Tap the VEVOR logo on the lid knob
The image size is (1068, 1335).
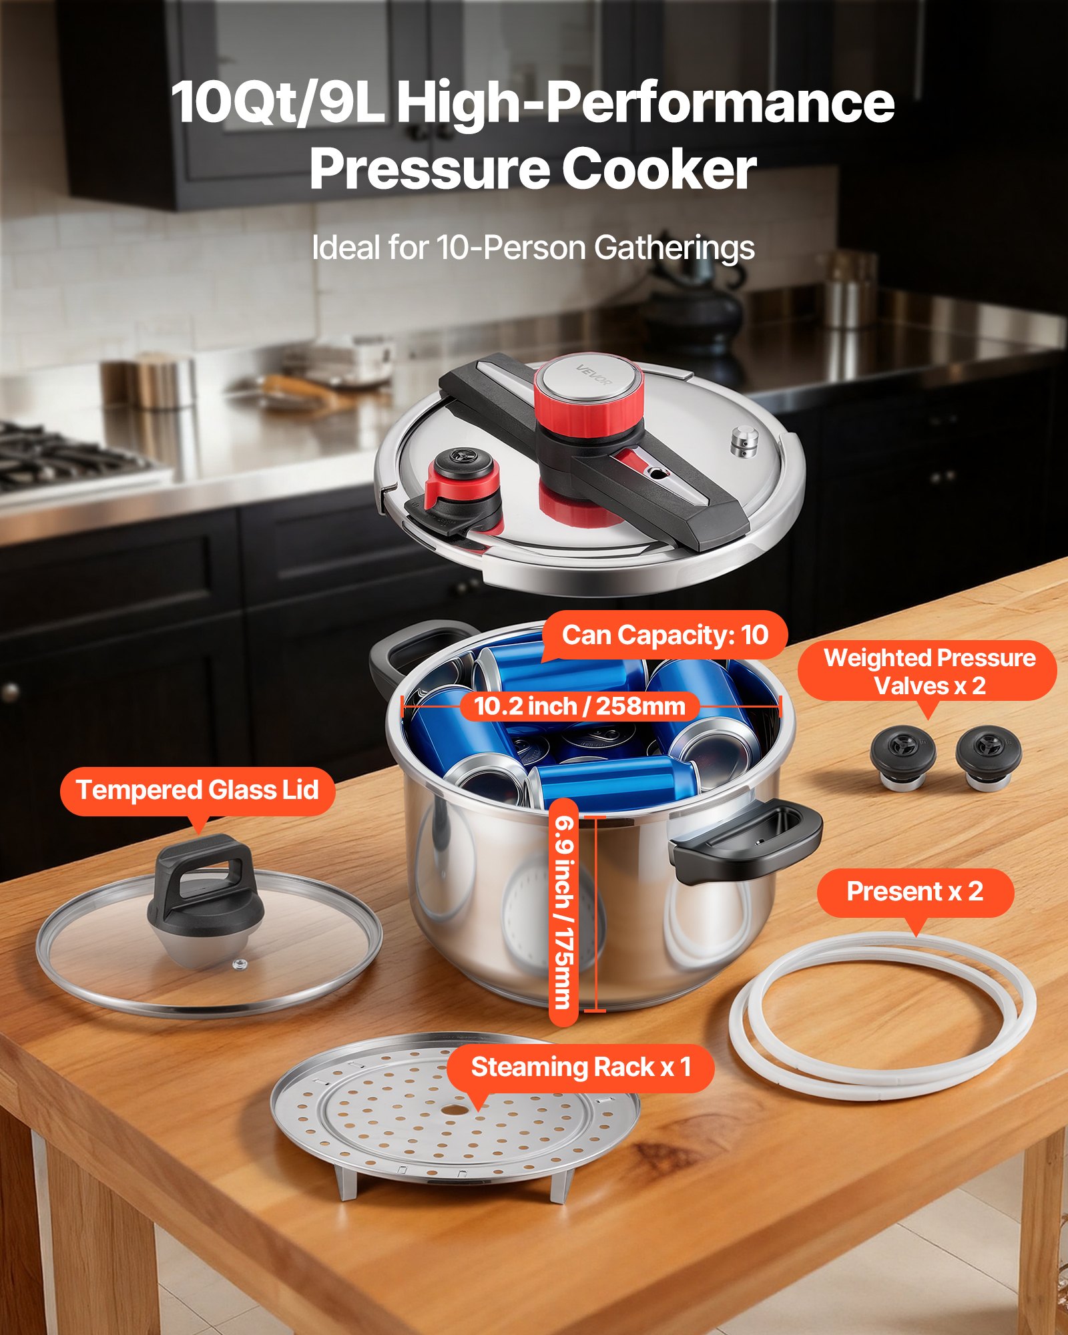593,376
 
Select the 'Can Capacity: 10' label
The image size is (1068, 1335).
665,635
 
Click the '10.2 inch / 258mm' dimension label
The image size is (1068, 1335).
579,706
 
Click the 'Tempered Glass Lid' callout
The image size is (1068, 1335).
198,790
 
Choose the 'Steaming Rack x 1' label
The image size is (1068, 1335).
581,1067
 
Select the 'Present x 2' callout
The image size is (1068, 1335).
914,892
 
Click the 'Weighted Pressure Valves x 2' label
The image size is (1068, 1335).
929,672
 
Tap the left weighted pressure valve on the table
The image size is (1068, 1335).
902,756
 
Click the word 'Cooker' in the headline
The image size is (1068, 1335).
658,170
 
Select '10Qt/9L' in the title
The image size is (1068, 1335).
278,103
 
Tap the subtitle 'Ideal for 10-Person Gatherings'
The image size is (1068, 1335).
533,248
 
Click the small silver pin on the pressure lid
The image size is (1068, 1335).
745,442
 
